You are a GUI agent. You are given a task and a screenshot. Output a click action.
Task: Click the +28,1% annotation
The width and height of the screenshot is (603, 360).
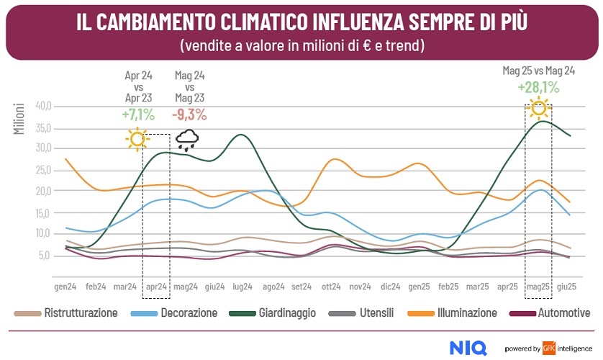pos(538,87)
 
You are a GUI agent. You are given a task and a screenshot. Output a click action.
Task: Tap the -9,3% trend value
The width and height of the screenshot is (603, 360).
pos(189,114)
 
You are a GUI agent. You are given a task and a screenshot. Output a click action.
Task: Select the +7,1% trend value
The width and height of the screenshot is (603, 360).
pos(139,114)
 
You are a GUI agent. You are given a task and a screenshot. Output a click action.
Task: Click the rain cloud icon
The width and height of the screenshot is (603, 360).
pos(188,139)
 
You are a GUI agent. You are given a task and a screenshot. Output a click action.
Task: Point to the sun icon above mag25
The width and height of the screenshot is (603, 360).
pos(538,108)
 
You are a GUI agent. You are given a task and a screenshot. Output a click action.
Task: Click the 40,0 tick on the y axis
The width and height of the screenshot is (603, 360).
pos(43,106)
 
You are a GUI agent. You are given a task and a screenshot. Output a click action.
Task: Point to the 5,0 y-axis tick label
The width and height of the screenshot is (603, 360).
pos(45,256)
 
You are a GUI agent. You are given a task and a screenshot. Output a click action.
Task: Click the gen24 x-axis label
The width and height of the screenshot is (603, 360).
pos(65,286)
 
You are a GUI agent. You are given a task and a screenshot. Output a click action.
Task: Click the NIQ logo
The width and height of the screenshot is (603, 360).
pos(469,347)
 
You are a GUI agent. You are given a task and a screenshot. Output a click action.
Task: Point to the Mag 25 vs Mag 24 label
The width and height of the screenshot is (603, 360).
pos(538,71)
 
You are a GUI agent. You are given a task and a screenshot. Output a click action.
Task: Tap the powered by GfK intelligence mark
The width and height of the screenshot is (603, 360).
pos(547,348)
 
